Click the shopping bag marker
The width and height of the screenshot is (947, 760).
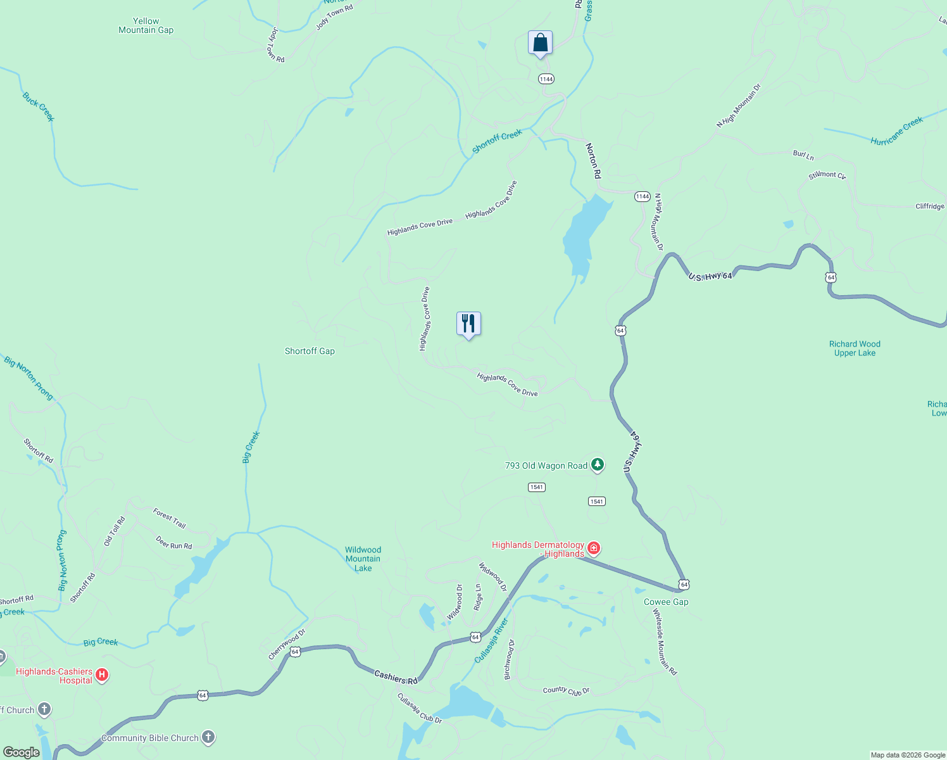pyautogui.click(x=540, y=43)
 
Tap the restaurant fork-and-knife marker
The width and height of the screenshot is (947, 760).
pyautogui.click(x=468, y=324)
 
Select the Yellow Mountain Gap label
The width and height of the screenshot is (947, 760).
pyautogui.click(x=146, y=25)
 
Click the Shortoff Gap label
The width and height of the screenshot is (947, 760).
pyautogui.click(x=310, y=351)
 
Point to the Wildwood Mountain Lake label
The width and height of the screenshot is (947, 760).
pyautogui.click(x=363, y=559)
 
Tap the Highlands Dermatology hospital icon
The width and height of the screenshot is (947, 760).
pyautogui.click(x=594, y=548)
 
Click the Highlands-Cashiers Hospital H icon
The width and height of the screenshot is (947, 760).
pyautogui.click(x=102, y=675)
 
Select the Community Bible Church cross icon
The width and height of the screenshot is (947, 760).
pyautogui.click(x=208, y=737)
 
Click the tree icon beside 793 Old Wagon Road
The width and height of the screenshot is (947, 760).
pyautogui.click(x=597, y=465)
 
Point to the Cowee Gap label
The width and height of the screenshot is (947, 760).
pyautogui.click(x=666, y=602)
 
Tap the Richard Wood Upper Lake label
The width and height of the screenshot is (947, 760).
pyautogui.click(x=855, y=348)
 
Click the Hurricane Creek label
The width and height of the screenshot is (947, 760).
pyautogui.click(x=896, y=132)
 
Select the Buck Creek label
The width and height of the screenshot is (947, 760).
pyautogui.click(x=39, y=107)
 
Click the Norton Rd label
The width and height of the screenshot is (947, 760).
pyautogui.click(x=593, y=161)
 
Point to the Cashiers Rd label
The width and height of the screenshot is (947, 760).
pyautogui.click(x=396, y=677)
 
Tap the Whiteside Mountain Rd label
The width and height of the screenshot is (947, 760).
pyautogui.click(x=665, y=642)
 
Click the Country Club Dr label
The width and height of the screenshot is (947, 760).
pyautogui.click(x=566, y=690)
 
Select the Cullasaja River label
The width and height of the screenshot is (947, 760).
pyautogui.click(x=492, y=641)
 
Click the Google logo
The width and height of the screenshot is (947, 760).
pyautogui.click(x=21, y=752)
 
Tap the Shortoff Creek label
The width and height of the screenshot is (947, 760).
pyautogui.click(x=498, y=141)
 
